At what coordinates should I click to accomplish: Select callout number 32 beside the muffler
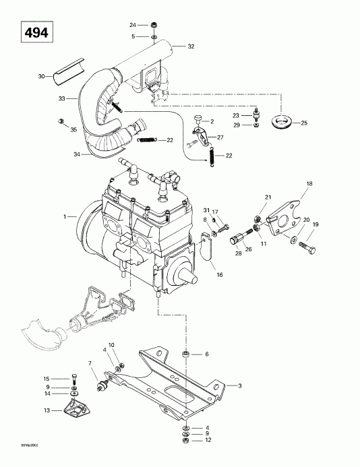click(191, 46)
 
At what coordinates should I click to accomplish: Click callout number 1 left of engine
click(65, 216)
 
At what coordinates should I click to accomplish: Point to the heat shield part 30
click(67, 70)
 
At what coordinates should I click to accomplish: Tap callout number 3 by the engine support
click(239, 385)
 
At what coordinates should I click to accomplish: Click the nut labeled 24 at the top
click(155, 26)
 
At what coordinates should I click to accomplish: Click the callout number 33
click(63, 98)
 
